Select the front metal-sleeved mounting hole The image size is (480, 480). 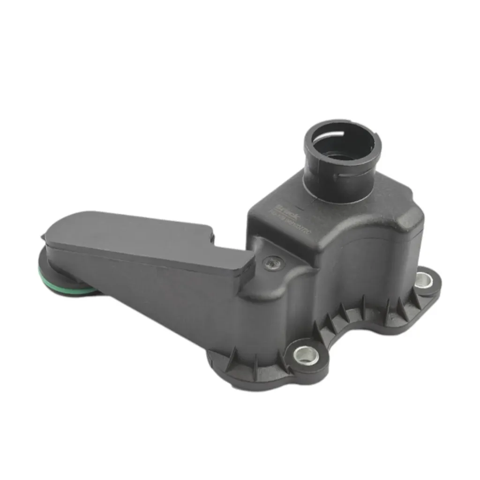tap(306, 355)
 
